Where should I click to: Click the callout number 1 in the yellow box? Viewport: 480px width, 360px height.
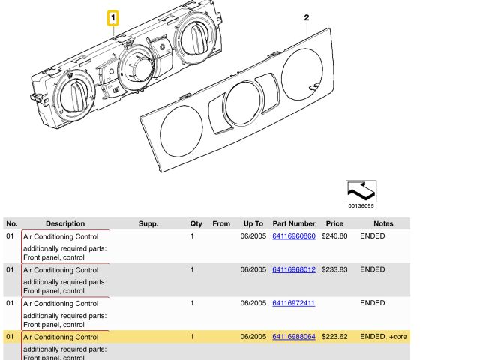(112, 16)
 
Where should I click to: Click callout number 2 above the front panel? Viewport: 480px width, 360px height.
(306, 16)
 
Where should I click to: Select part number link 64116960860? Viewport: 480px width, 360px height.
(294, 236)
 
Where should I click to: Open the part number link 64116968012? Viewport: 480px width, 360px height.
(294, 270)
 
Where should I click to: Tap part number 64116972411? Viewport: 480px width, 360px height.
(294, 304)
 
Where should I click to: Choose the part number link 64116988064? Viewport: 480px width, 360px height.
(294, 337)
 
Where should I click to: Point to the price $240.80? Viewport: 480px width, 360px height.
(334, 236)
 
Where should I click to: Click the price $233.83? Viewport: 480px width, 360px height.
(334, 270)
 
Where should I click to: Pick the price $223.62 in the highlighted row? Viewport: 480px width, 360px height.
(334, 337)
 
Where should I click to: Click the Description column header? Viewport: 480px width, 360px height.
(65, 223)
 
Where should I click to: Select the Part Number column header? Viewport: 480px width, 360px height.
(294, 223)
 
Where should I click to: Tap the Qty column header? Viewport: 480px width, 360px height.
(196, 223)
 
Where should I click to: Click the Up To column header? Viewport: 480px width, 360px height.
(253, 223)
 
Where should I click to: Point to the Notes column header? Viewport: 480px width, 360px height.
(383, 223)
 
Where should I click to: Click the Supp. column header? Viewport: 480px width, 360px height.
(148, 223)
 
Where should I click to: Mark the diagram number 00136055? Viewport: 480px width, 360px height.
(361, 205)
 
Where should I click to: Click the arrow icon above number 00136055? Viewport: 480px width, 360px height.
(361, 190)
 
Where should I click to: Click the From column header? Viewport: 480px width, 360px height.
(221, 223)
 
